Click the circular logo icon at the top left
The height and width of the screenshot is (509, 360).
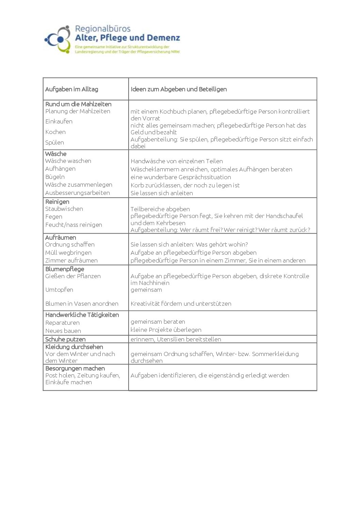pos(57,40)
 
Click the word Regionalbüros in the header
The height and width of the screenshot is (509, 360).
pos(102,29)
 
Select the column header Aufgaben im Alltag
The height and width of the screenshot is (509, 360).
pos(71,89)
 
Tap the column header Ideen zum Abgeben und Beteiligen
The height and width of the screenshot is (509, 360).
pos(179,89)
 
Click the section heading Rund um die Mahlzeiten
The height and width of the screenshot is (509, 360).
pos(78,104)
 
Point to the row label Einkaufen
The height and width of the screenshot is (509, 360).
pos(59,121)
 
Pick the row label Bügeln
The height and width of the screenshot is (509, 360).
pos(55,177)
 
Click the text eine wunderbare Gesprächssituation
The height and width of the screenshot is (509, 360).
pos(181,177)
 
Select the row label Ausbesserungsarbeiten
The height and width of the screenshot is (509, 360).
pos(78,193)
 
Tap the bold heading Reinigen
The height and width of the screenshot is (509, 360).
pos(57,202)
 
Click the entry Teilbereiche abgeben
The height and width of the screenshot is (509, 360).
pos(160,209)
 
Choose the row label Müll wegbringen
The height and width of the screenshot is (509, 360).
pos(68,253)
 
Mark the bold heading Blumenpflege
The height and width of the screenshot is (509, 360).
pos(65,269)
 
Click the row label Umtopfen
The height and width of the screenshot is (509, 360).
pos(59,290)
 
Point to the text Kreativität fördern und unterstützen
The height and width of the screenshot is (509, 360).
pos(181,304)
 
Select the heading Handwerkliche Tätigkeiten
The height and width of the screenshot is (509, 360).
pos(82,315)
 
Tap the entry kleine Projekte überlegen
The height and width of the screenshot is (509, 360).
pos(166,330)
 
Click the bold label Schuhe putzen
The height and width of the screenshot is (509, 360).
pos(65,339)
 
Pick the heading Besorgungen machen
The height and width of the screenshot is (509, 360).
pos(75,368)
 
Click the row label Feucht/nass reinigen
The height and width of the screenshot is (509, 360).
pos(73,225)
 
